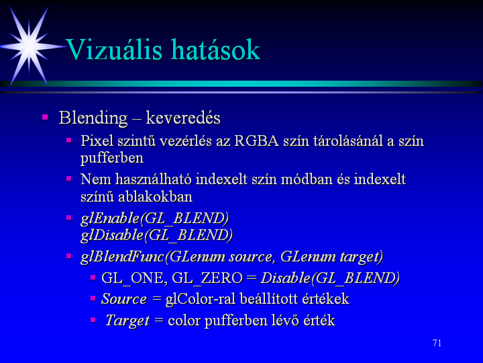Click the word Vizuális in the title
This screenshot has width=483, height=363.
pyautogui.click(x=114, y=49)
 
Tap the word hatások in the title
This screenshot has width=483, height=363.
pyautogui.click(x=215, y=49)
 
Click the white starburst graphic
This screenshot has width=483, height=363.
pyautogui.click(x=30, y=46)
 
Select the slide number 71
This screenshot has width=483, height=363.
pyautogui.click(x=437, y=343)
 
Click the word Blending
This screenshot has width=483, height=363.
pyautogui.click(x=93, y=118)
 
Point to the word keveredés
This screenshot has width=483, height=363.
pyautogui.click(x=183, y=118)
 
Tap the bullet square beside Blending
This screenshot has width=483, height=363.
pyautogui.click(x=45, y=117)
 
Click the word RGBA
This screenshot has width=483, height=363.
pyautogui.click(x=256, y=141)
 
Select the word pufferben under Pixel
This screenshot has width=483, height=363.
pyautogui.click(x=112, y=159)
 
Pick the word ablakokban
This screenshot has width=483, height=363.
pyautogui.click(x=155, y=196)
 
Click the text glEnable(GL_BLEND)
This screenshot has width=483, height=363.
pyautogui.click(x=155, y=218)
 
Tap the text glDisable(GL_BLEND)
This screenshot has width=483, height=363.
pyautogui.click(x=156, y=235)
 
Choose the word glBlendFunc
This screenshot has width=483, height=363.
pyautogui.click(x=122, y=257)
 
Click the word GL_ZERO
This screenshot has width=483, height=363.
pyautogui.click(x=207, y=278)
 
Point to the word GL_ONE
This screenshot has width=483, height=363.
pyautogui.click(x=134, y=278)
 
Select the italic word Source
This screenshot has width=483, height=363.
pyautogui.click(x=124, y=298)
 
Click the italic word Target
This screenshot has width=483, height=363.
pyautogui.click(x=127, y=321)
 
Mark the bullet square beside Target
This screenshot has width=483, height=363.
pyautogui.click(x=93, y=320)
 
